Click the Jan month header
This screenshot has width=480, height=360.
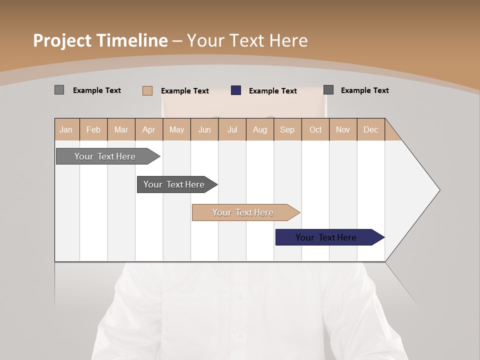[66, 129]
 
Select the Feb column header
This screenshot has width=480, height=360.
[93, 129]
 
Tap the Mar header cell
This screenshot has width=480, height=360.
[121, 129]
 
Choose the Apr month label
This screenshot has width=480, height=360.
[148, 129]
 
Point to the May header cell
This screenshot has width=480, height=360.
[176, 129]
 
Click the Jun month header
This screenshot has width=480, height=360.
[204, 129]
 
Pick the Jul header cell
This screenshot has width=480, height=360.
[232, 129]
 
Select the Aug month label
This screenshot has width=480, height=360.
[260, 129]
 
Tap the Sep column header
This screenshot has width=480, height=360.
[287, 129]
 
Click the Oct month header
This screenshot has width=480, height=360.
[315, 129]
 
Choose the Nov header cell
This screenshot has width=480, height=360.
[343, 129]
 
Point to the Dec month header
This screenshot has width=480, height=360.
[370, 129]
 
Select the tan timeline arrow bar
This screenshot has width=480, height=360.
[243, 212]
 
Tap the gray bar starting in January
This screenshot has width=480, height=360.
[105, 156]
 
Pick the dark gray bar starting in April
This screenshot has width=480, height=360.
[174, 184]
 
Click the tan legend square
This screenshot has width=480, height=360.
[147, 90]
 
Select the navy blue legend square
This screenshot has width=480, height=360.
[236, 90]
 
